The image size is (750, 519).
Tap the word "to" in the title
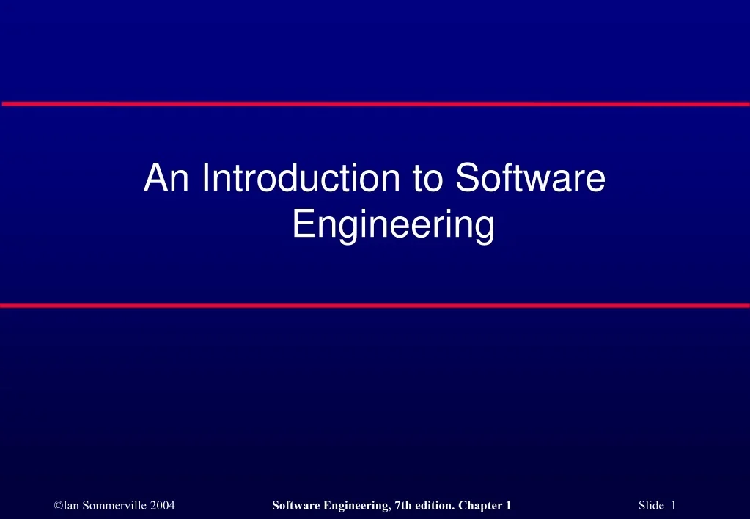430,179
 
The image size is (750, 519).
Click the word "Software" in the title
530,179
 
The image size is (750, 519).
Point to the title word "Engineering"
393,225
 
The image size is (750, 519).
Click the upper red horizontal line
375,104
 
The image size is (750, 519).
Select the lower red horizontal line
375,305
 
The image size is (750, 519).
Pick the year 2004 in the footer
162,505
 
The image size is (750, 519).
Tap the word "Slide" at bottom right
651,505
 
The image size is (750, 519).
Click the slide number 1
673,505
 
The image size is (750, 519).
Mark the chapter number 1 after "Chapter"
507,505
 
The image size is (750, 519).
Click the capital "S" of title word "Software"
466,179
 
